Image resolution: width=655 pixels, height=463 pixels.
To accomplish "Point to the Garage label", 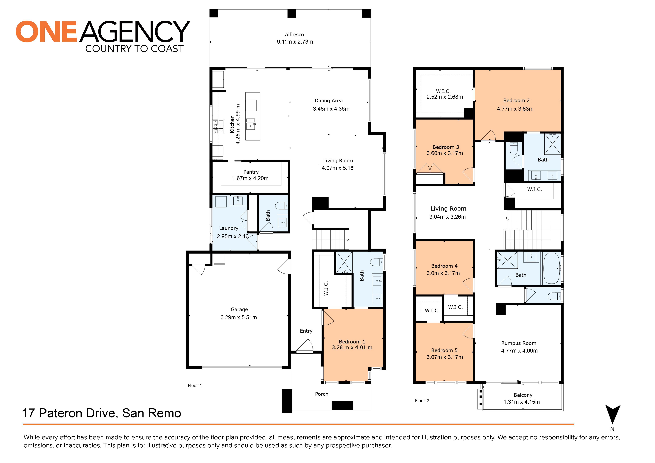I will click(x=239, y=309).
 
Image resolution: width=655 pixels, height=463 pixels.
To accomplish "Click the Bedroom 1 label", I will click(x=352, y=342).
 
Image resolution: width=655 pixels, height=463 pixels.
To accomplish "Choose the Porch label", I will click(x=321, y=394).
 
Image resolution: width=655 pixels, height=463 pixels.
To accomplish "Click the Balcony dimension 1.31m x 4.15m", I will click(x=522, y=402).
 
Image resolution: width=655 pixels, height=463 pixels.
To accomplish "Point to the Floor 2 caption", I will click(x=422, y=401).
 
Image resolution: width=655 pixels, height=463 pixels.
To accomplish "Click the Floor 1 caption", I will click(x=195, y=386).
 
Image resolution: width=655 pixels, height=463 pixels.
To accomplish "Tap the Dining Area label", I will click(x=328, y=101).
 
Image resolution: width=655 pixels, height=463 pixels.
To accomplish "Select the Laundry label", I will click(x=229, y=228).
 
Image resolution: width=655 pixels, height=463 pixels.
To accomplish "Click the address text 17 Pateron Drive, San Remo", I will click(x=102, y=413).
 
